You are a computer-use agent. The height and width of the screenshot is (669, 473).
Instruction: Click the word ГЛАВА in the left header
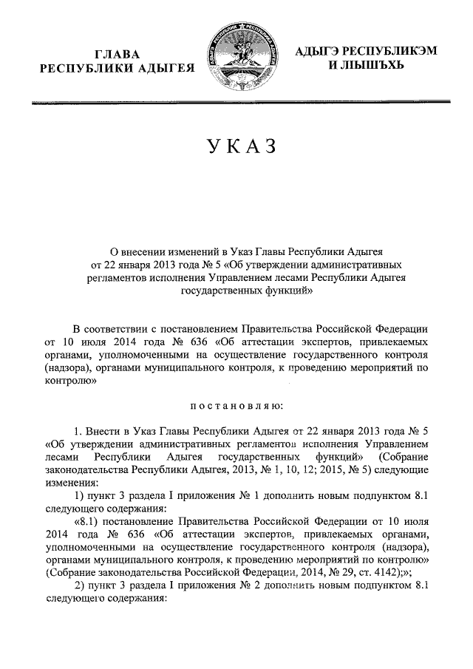116,53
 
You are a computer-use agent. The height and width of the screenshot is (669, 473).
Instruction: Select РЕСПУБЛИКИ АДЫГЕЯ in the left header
116,69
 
